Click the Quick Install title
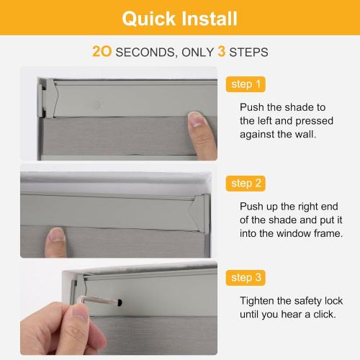179,18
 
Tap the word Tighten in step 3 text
258,300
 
